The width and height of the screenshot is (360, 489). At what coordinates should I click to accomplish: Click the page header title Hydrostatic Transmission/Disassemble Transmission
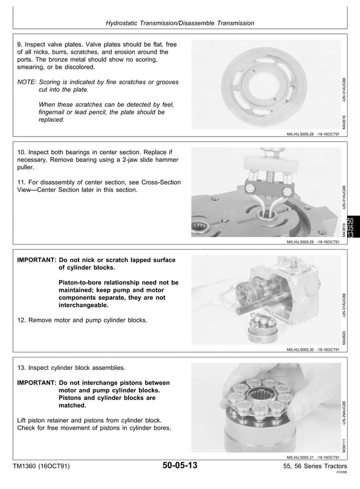(x=180, y=23)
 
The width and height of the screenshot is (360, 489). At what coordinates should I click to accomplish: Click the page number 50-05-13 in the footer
(x=179, y=466)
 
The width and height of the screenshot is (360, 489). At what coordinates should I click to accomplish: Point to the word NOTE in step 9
(x=27, y=82)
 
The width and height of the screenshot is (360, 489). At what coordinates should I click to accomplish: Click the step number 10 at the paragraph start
(x=22, y=152)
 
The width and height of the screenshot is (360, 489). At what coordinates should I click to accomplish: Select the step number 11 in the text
(x=22, y=182)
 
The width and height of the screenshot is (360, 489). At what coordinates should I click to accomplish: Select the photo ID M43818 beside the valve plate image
(x=344, y=120)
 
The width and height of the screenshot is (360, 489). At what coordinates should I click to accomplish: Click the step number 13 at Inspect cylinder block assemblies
(x=22, y=368)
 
